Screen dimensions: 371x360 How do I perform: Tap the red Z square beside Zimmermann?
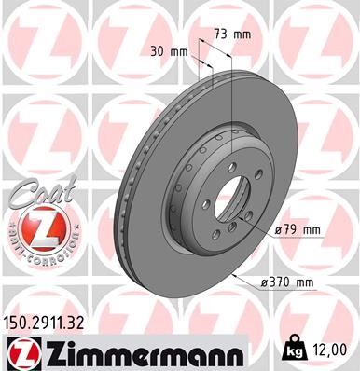point(18,352)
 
